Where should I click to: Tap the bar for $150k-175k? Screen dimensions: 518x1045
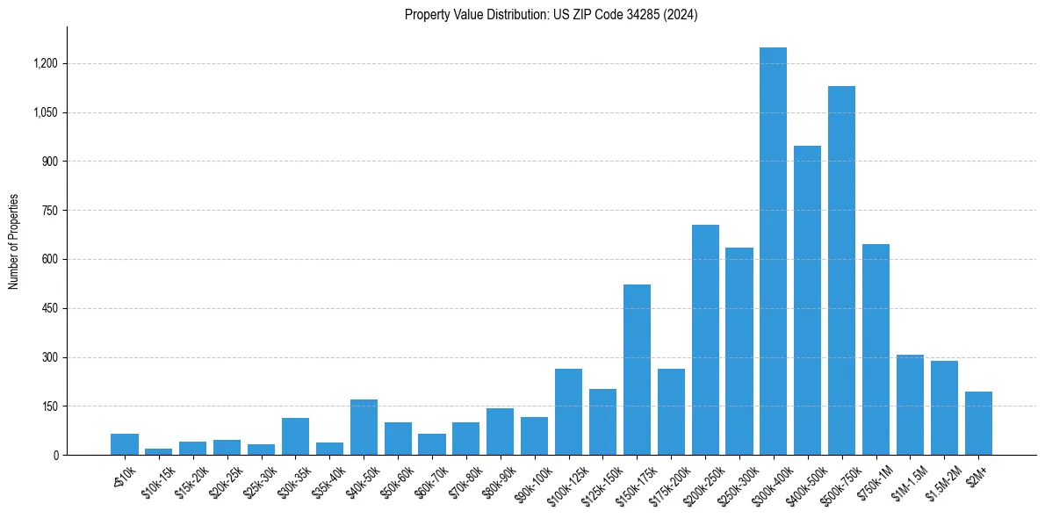[x=637, y=370]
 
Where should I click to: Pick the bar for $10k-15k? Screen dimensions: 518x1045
[x=159, y=451]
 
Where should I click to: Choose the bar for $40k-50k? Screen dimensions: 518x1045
[x=364, y=428]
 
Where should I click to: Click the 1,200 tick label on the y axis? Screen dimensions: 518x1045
[x=46, y=64]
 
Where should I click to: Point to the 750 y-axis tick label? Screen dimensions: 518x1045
[x=50, y=211]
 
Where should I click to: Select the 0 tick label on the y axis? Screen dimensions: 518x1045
[x=55, y=456]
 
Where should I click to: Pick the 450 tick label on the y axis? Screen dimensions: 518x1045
[x=50, y=309]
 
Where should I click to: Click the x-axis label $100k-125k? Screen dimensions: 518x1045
[x=562, y=480]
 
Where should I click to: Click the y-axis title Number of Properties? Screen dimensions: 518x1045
[x=14, y=241]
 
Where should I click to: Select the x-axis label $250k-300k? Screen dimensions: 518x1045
[x=732, y=480]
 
